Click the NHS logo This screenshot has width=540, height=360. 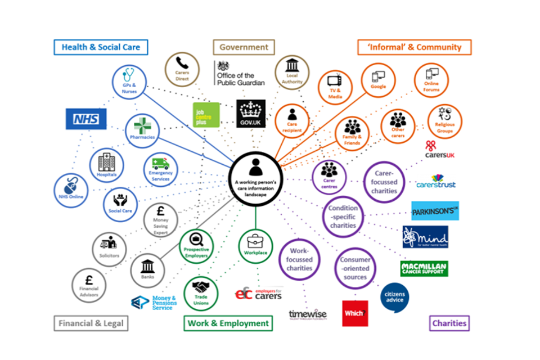[x=85, y=119]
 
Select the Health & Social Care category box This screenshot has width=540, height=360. [x=101, y=47]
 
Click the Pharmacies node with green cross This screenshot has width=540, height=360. [x=142, y=130]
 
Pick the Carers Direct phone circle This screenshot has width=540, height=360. [x=182, y=70]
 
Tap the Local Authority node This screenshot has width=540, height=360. [x=292, y=73]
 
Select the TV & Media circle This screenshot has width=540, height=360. [x=335, y=88]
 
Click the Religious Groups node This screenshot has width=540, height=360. [x=444, y=122]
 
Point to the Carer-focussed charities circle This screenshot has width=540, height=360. [x=384, y=182]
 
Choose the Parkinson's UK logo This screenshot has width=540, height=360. [x=435, y=211]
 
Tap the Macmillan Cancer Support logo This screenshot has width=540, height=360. [x=424, y=268]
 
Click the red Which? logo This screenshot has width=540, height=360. [x=355, y=313]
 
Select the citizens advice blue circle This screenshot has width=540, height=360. [x=394, y=298]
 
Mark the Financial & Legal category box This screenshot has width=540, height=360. [x=91, y=323]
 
